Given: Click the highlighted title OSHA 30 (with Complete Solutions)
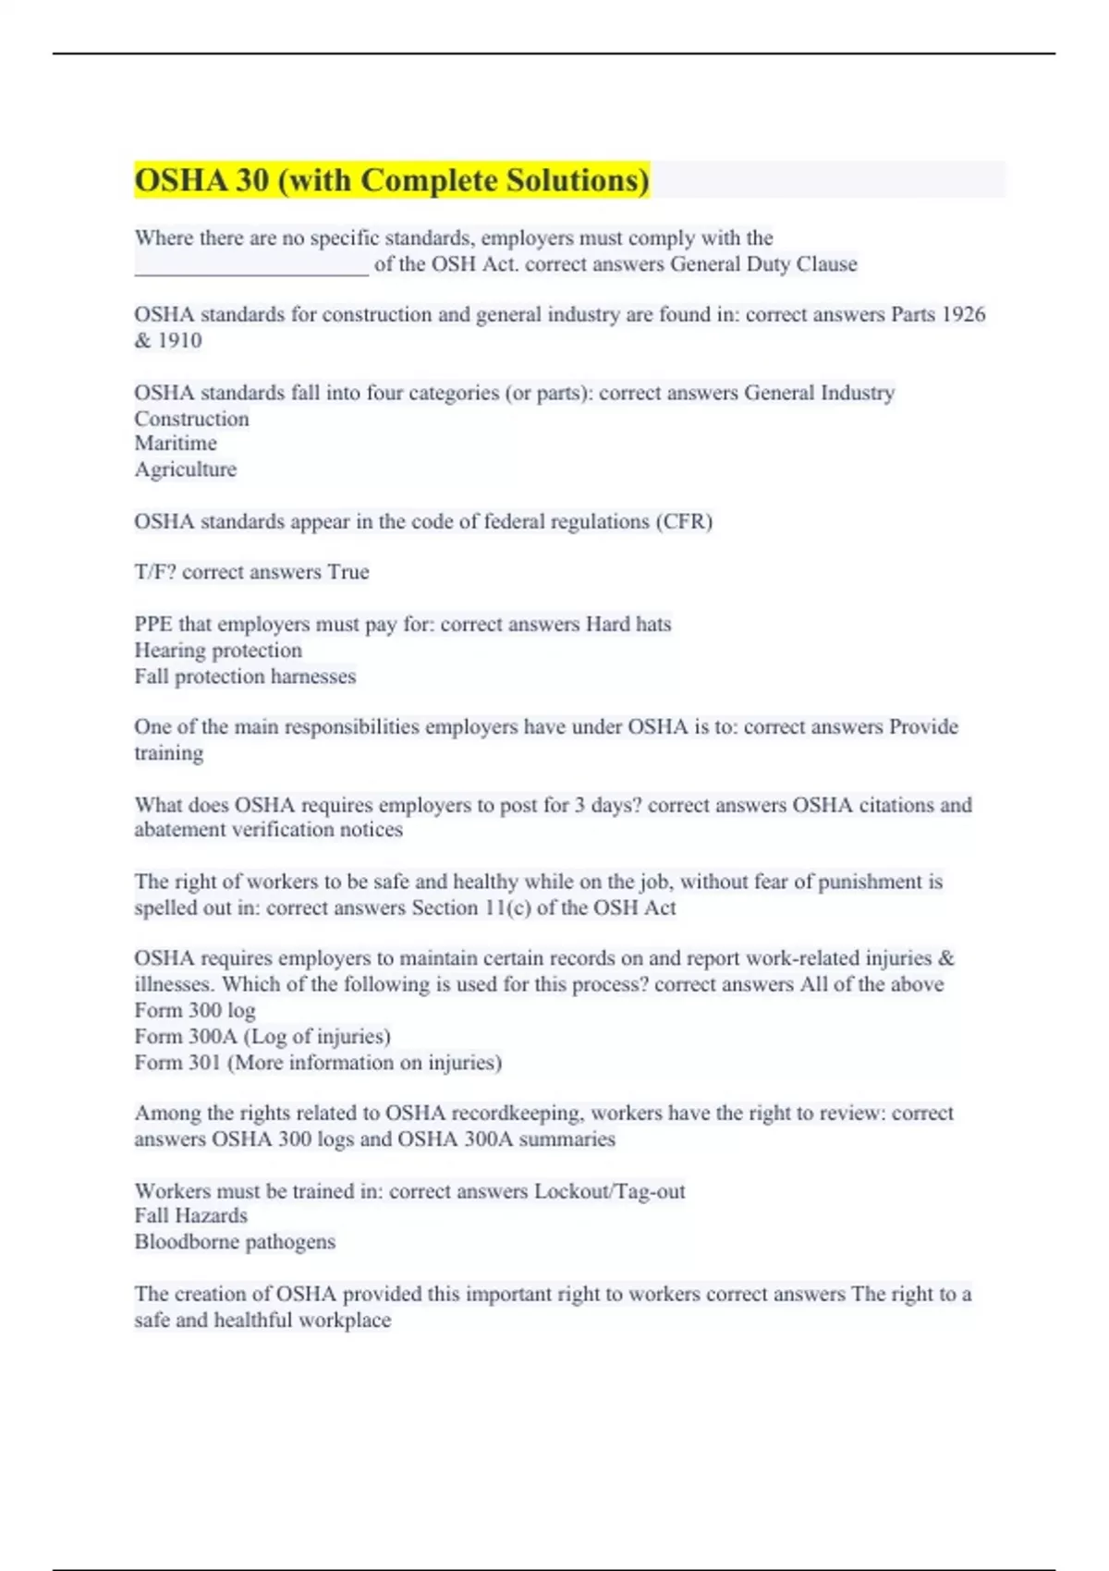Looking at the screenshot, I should click(392, 180).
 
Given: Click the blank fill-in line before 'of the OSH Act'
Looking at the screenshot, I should click(251, 270).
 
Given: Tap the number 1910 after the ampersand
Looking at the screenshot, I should click(179, 340).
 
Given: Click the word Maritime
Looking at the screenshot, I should click(176, 444).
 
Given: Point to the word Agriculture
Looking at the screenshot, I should click(185, 469).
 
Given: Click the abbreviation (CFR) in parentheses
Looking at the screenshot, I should click(684, 521).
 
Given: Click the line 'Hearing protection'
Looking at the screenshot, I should click(218, 651).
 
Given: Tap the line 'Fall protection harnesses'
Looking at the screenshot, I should click(245, 676).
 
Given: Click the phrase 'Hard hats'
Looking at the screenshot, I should click(628, 625).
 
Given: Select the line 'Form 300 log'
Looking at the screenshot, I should click(195, 1010).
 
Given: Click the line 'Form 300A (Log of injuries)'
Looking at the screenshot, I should click(262, 1036).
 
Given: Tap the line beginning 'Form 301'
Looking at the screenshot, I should click(318, 1063).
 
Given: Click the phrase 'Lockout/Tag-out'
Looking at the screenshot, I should click(610, 1191).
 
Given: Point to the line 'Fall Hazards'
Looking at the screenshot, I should click(190, 1216).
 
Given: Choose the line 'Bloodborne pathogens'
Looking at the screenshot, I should click(235, 1242).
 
